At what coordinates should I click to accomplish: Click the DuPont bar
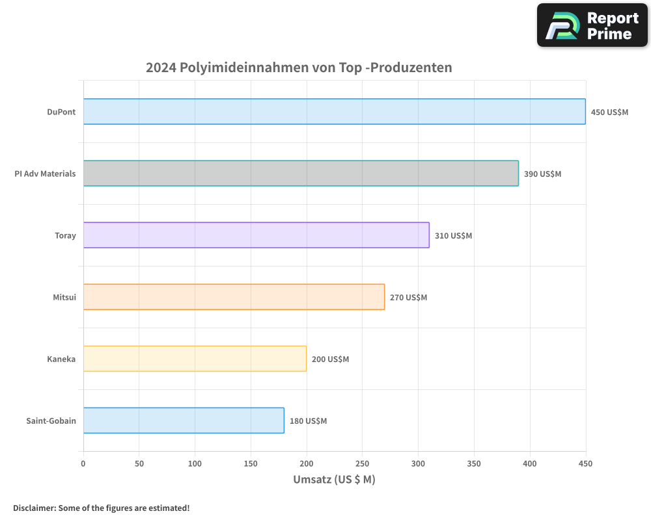[334, 112]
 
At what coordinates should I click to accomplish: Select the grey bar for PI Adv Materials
[301, 174]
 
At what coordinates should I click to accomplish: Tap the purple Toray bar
[256, 235]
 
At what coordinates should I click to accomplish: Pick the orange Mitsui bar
[234, 297]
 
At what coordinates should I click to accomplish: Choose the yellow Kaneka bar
[195, 359]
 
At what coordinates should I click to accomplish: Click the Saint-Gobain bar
[184, 421]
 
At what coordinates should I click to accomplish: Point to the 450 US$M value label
[609, 112]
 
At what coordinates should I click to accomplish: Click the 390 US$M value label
[542, 174]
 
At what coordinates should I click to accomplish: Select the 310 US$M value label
[453, 235]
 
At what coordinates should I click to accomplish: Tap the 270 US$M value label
[408, 297]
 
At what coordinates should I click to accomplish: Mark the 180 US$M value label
[308, 421]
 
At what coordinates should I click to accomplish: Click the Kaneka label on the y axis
[61, 359]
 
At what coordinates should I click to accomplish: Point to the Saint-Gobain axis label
[51, 421]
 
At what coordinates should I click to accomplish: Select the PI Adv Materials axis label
[45, 174]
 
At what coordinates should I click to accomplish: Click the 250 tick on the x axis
[363, 463]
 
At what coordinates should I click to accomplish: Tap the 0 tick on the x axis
[83, 463]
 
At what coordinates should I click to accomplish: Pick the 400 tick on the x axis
[530, 463]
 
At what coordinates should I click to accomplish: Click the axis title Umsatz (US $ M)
[334, 480]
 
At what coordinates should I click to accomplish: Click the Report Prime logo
[592, 25]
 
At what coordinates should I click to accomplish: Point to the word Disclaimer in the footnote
[33, 508]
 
